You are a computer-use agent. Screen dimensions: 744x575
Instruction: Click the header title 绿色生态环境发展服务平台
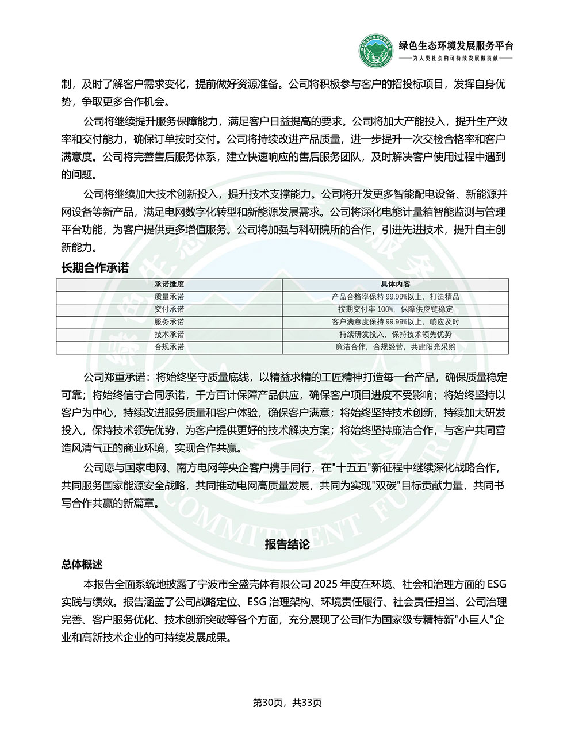pos(456,46)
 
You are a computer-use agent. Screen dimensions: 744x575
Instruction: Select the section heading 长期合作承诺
pos(95,268)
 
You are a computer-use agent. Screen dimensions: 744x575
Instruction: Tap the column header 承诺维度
pos(169,284)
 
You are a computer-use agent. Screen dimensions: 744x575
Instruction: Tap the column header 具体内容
pos(395,284)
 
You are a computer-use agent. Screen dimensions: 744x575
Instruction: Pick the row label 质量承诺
pos(169,297)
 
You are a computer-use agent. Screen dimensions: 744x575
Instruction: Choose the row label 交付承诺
pos(169,309)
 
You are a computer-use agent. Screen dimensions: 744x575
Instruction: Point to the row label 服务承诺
pos(169,322)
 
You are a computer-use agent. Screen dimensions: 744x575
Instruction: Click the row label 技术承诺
pos(169,335)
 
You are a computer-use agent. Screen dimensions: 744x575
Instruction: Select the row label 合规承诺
pos(169,347)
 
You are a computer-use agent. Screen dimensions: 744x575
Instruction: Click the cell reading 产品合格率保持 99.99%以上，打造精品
pos(395,297)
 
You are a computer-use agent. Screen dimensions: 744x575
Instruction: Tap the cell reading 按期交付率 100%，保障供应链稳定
pos(395,309)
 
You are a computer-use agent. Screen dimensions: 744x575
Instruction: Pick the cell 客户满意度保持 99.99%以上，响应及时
pos(395,322)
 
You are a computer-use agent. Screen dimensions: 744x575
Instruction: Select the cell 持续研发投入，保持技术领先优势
pos(395,335)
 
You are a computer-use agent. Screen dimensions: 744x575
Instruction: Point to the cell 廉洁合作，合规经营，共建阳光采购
pos(395,347)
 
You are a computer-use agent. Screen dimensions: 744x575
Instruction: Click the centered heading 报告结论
pos(287,544)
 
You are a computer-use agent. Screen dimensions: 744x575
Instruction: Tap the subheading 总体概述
pos(82,565)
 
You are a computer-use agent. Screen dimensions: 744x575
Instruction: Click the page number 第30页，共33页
pos(287,703)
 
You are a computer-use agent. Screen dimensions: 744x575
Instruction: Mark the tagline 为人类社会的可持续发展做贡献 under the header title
pos(456,59)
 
